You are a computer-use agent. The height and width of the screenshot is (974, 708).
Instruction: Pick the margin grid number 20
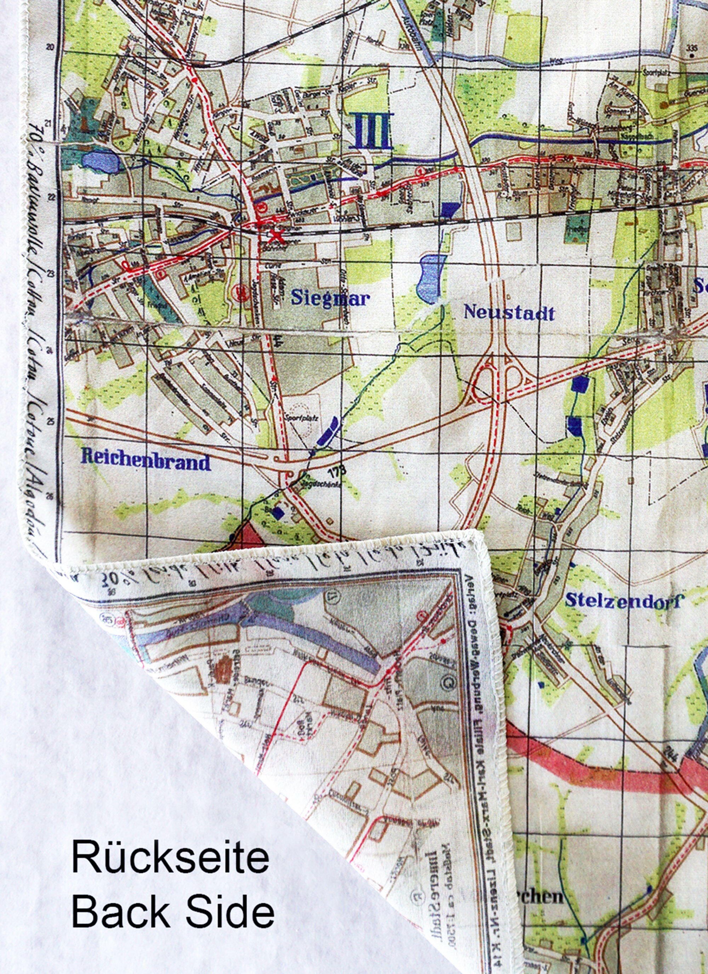[x=52, y=48]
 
